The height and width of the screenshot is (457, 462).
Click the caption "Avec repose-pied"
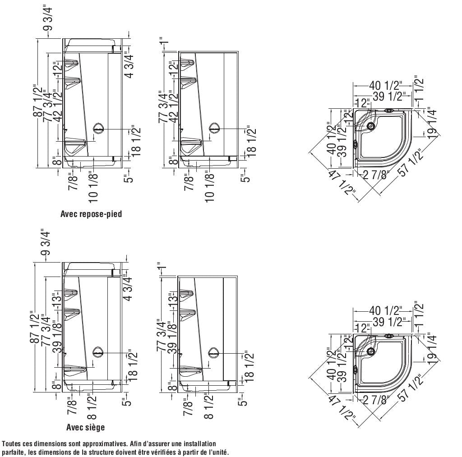tap(91, 214)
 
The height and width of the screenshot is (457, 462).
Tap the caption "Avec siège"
tap(85, 427)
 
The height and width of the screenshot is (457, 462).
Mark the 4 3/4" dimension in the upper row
tap(129, 65)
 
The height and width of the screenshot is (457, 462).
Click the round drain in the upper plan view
tap(371, 126)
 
